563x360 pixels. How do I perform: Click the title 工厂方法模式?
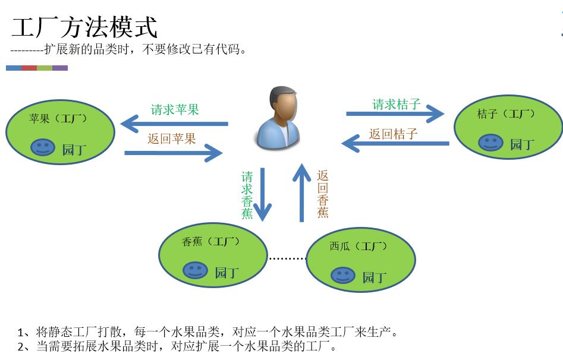coord(84,28)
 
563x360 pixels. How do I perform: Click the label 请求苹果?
coord(175,110)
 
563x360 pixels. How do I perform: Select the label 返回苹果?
coord(172,139)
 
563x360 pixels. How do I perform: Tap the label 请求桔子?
coord(397,105)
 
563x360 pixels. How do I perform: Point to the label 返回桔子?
coord(393,134)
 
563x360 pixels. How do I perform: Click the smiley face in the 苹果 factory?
coord(43,147)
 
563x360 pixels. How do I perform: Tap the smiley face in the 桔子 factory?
coord(490,143)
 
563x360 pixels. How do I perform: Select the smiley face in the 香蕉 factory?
coord(195,270)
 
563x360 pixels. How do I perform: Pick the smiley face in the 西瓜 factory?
coord(342,275)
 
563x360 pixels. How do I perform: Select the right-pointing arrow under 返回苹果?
coord(173,153)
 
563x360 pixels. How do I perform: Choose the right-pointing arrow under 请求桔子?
coord(395,113)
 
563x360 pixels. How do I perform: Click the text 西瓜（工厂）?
coord(358,246)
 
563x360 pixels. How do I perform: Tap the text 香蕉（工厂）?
coord(210,242)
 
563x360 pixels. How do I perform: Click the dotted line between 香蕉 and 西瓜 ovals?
coord(287,258)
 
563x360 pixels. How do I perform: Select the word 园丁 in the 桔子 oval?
coord(523,144)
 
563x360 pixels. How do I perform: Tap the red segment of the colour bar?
coord(29,68)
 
